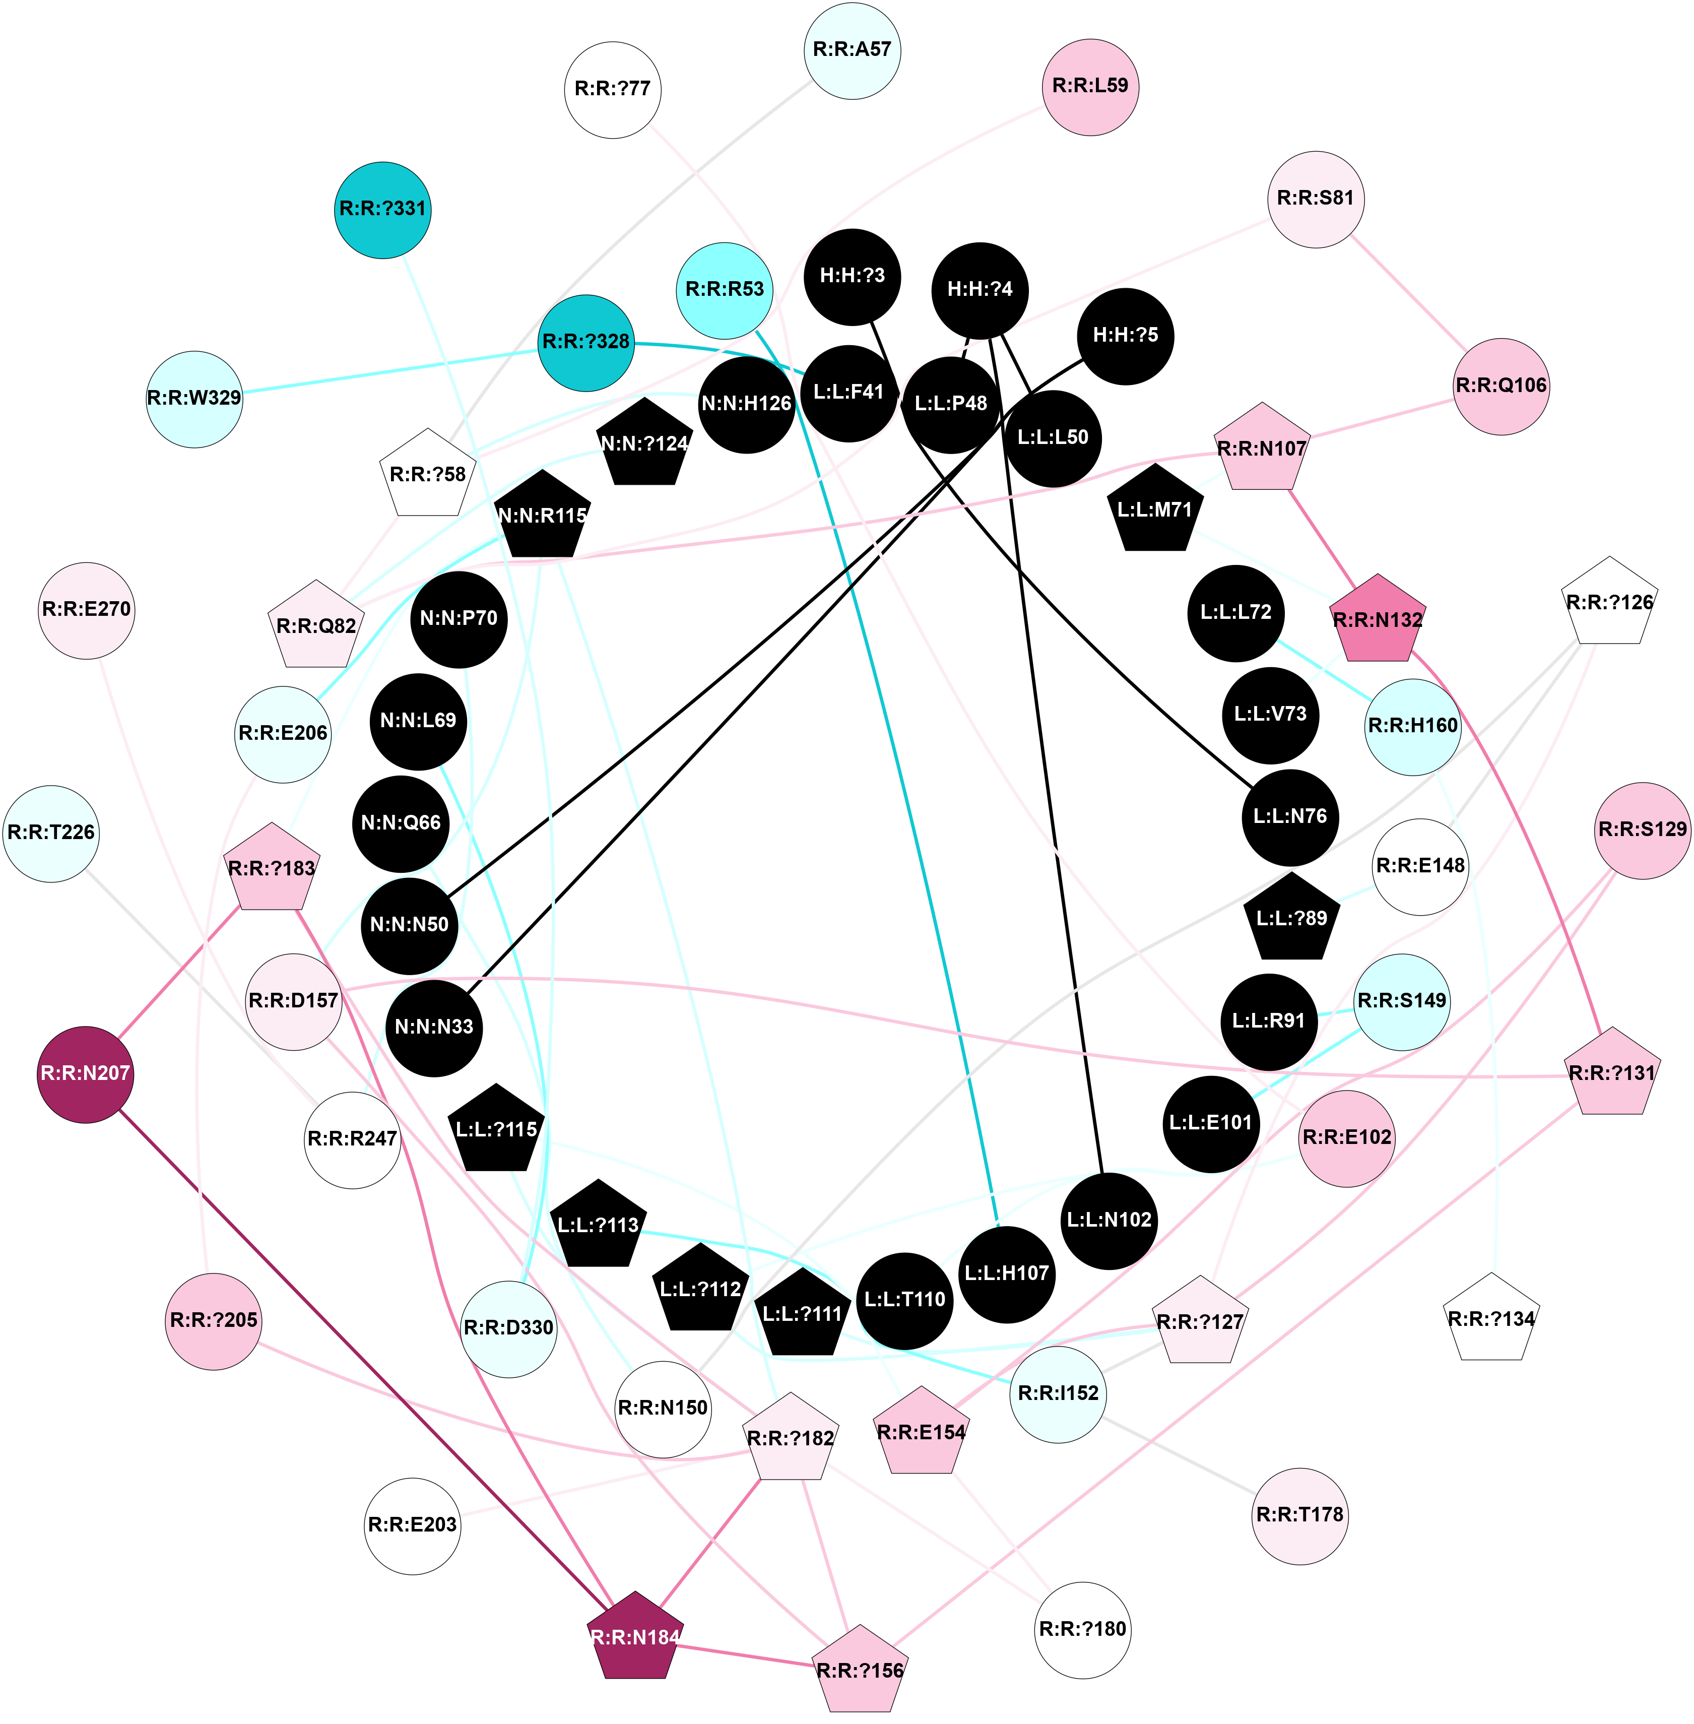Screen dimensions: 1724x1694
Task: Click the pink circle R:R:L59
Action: click(x=1090, y=86)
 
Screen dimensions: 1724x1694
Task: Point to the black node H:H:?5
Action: click(x=1126, y=336)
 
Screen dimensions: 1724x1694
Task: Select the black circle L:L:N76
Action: click(x=1290, y=816)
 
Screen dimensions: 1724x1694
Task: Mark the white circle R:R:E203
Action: click(x=413, y=1524)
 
